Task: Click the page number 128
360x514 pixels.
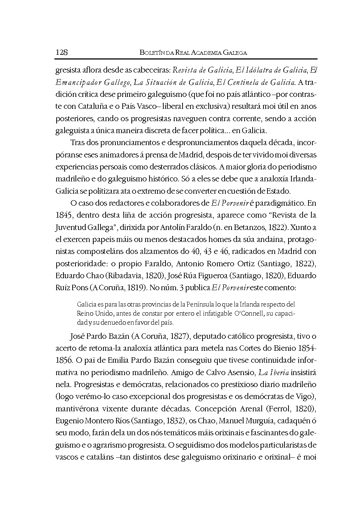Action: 62,52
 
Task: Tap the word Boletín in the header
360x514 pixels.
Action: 152,53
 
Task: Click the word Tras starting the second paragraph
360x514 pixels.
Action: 77,143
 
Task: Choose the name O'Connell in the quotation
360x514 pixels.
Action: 248,313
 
